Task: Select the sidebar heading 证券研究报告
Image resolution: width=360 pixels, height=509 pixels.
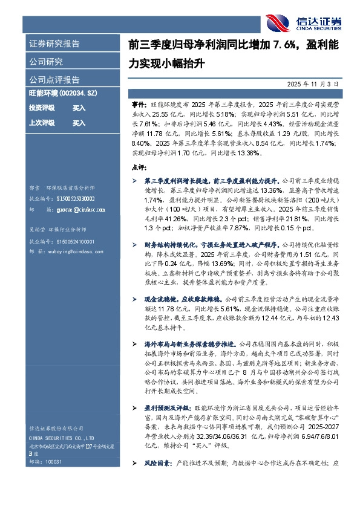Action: (x=54, y=44)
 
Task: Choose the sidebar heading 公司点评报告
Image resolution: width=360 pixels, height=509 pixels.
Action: (x=54, y=80)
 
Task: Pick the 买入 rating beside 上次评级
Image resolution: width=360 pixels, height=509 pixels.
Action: (x=79, y=123)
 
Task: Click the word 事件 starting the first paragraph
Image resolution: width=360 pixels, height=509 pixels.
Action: (x=137, y=104)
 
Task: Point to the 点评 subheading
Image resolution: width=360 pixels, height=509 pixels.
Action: (x=138, y=166)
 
